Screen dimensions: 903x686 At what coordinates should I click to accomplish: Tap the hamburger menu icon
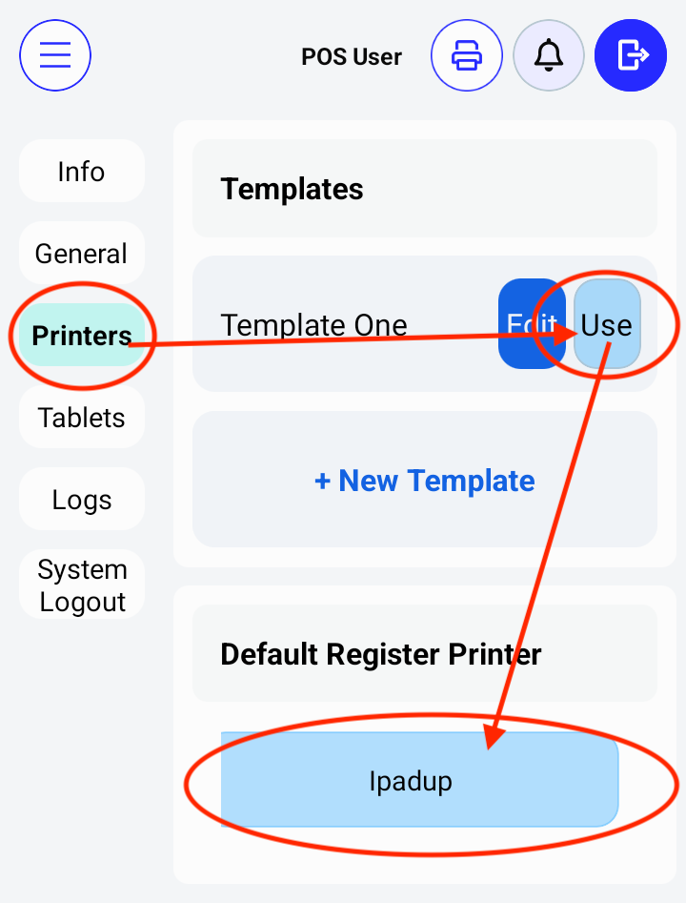(x=55, y=56)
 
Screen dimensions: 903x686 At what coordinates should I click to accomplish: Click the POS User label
(x=352, y=57)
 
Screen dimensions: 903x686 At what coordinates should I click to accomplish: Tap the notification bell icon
(x=548, y=56)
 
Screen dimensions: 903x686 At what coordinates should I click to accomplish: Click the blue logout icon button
(x=631, y=56)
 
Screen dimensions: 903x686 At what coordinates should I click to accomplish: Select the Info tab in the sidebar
(x=81, y=172)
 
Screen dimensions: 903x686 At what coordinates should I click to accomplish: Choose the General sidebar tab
(x=81, y=254)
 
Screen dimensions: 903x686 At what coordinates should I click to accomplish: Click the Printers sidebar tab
(x=82, y=336)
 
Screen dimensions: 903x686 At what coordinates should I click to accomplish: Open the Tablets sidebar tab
(x=81, y=418)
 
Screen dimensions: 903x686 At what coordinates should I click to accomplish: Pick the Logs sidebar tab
(x=81, y=500)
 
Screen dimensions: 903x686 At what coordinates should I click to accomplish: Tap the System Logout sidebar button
(x=81, y=585)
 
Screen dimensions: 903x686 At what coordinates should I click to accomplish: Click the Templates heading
(x=292, y=189)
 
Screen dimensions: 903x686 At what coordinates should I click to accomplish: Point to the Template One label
(x=313, y=325)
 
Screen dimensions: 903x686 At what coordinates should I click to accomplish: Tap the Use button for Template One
(x=607, y=324)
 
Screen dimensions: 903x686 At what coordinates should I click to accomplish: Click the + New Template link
(x=424, y=481)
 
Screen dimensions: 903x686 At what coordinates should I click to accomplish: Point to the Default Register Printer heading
(x=381, y=654)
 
